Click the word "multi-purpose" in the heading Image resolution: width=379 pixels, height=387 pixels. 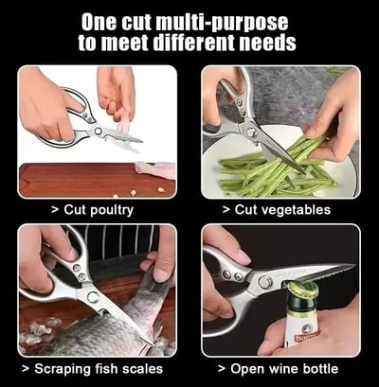click(222, 24)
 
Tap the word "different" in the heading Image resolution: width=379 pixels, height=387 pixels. click(195, 43)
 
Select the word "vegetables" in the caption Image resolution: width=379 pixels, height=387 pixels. click(298, 210)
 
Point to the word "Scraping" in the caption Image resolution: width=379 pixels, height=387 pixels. click(62, 369)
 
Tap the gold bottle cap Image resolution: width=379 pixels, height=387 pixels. click(302, 289)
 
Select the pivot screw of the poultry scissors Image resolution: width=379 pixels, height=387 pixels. click(98, 131)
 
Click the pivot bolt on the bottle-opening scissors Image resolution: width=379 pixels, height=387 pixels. click(264, 281)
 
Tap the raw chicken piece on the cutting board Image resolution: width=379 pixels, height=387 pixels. click(155, 170)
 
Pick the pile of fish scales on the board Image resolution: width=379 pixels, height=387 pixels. click(39, 329)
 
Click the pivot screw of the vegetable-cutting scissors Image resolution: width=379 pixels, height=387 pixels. click(252, 132)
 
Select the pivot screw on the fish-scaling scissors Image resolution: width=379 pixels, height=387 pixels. click(93, 297)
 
